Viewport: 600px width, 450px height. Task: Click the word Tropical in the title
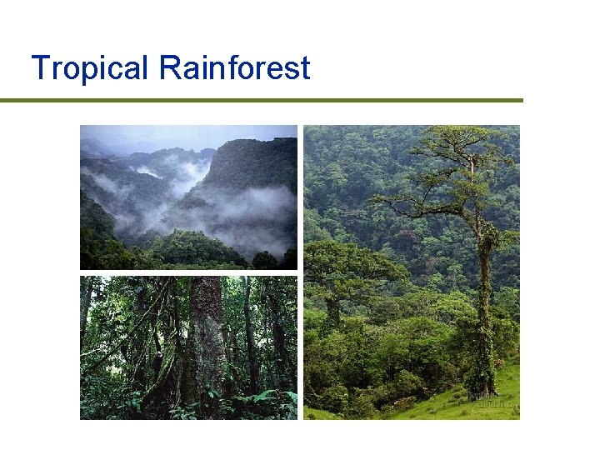[x=88, y=68]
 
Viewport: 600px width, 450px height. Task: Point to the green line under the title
[x=262, y=101]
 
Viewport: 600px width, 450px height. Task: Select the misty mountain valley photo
[x=188, y=197]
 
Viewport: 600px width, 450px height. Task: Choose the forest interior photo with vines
[x=188, y=347]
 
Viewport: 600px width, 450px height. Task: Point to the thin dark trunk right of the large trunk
[x=249, y=333]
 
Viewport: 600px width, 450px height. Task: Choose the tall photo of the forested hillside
[x=411, y=272]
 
